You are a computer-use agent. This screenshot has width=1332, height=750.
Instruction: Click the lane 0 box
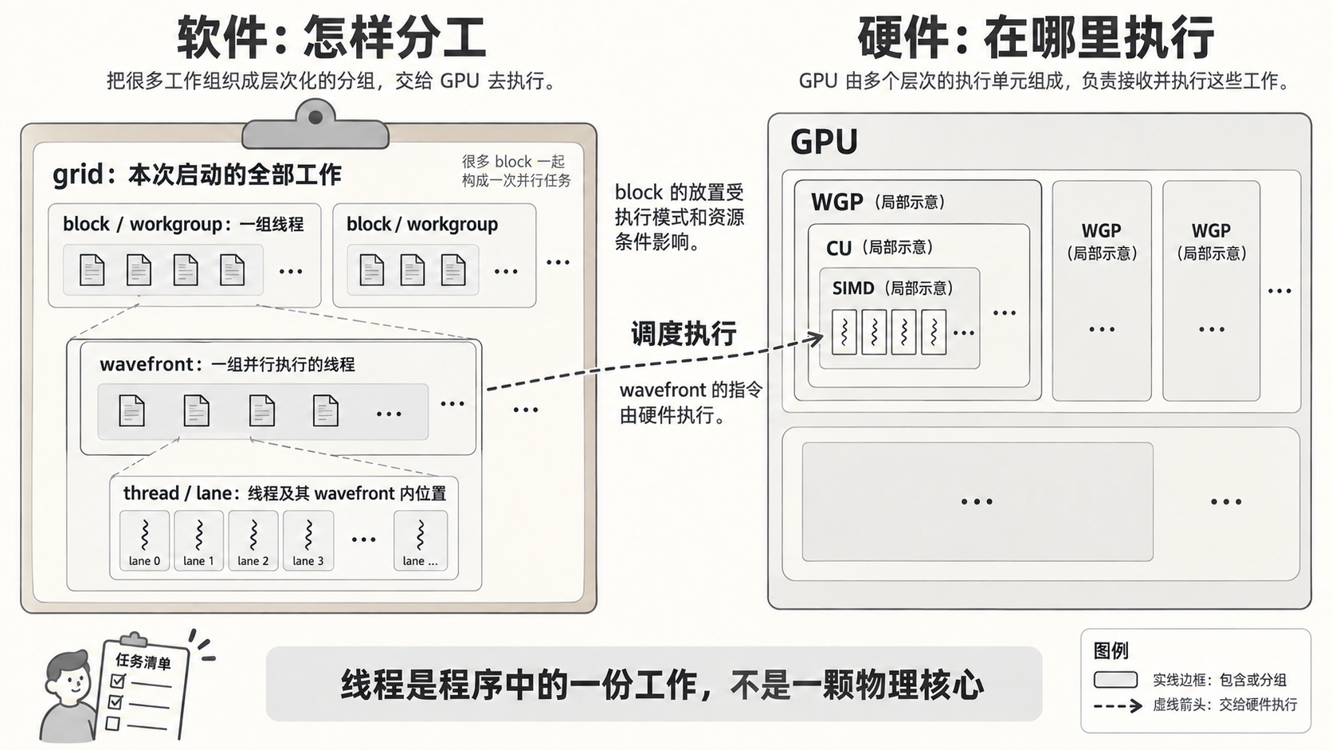(144, 540)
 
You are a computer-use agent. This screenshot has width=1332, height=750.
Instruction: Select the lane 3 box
(308, 540)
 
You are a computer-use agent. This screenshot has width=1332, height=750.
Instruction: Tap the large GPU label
(824, 142)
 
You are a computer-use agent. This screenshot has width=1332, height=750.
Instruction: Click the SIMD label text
(852, 289)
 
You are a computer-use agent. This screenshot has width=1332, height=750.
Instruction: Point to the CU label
(838, 248)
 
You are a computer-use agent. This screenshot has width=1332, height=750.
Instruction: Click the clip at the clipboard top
(315, 125)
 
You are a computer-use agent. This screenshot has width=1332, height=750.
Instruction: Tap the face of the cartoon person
(70, 678)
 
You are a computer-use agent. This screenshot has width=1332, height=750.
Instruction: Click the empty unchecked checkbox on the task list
(112, 724)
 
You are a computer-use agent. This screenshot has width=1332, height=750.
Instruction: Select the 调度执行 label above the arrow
(684, 334)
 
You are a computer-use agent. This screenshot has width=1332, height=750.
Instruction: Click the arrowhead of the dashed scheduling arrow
(816, 339)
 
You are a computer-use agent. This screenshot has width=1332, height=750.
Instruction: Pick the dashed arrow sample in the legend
(1118, 706)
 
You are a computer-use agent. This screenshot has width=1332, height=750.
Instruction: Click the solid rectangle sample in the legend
(1115, 680)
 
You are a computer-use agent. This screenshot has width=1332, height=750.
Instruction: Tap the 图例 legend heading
(1111, 650)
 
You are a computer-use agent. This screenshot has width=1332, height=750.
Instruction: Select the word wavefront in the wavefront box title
(147, 364)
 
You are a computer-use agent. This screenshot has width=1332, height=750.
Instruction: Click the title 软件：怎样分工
(332, 37)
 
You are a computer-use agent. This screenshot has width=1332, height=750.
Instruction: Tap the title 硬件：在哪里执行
(1036, 37)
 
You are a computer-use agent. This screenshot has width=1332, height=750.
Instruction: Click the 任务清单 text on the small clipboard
(143, 661)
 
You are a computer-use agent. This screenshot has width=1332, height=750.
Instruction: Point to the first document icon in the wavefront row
(131, 410)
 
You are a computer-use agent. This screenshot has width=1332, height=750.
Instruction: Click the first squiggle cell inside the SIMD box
(844, 332)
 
